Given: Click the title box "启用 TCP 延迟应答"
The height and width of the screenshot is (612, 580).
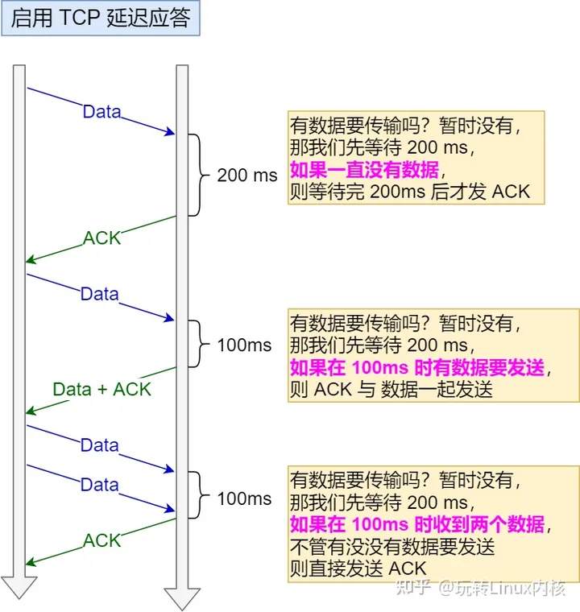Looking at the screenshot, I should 101,19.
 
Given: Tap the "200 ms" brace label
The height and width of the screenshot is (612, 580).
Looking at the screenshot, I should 246,175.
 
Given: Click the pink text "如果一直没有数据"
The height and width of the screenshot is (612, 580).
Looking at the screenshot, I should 365,170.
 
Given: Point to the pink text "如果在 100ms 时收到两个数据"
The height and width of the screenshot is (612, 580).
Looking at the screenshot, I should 416,525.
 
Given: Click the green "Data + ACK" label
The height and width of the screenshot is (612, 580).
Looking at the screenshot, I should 101,389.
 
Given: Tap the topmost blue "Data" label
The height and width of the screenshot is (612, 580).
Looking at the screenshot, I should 101,112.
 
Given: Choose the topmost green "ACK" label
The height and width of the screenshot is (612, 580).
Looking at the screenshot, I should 101,238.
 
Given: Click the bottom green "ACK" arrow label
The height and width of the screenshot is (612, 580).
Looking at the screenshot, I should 101,540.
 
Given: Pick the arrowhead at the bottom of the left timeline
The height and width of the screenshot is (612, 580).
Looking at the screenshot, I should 19,587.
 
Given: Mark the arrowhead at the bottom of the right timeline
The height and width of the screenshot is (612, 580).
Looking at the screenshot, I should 182,598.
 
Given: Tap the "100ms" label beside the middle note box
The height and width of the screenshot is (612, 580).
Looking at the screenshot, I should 244,345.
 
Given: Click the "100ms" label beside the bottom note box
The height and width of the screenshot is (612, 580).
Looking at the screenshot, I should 244,498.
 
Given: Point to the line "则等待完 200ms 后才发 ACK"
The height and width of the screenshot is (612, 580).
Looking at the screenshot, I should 408,192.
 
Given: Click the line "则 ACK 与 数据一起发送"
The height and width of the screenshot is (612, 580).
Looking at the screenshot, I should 391,390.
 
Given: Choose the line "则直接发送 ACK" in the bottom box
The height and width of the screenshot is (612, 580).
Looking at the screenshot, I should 358,569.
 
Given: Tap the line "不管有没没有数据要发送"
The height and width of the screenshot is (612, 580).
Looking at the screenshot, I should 391,547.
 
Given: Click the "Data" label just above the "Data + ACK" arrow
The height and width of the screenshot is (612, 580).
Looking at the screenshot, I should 99,294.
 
